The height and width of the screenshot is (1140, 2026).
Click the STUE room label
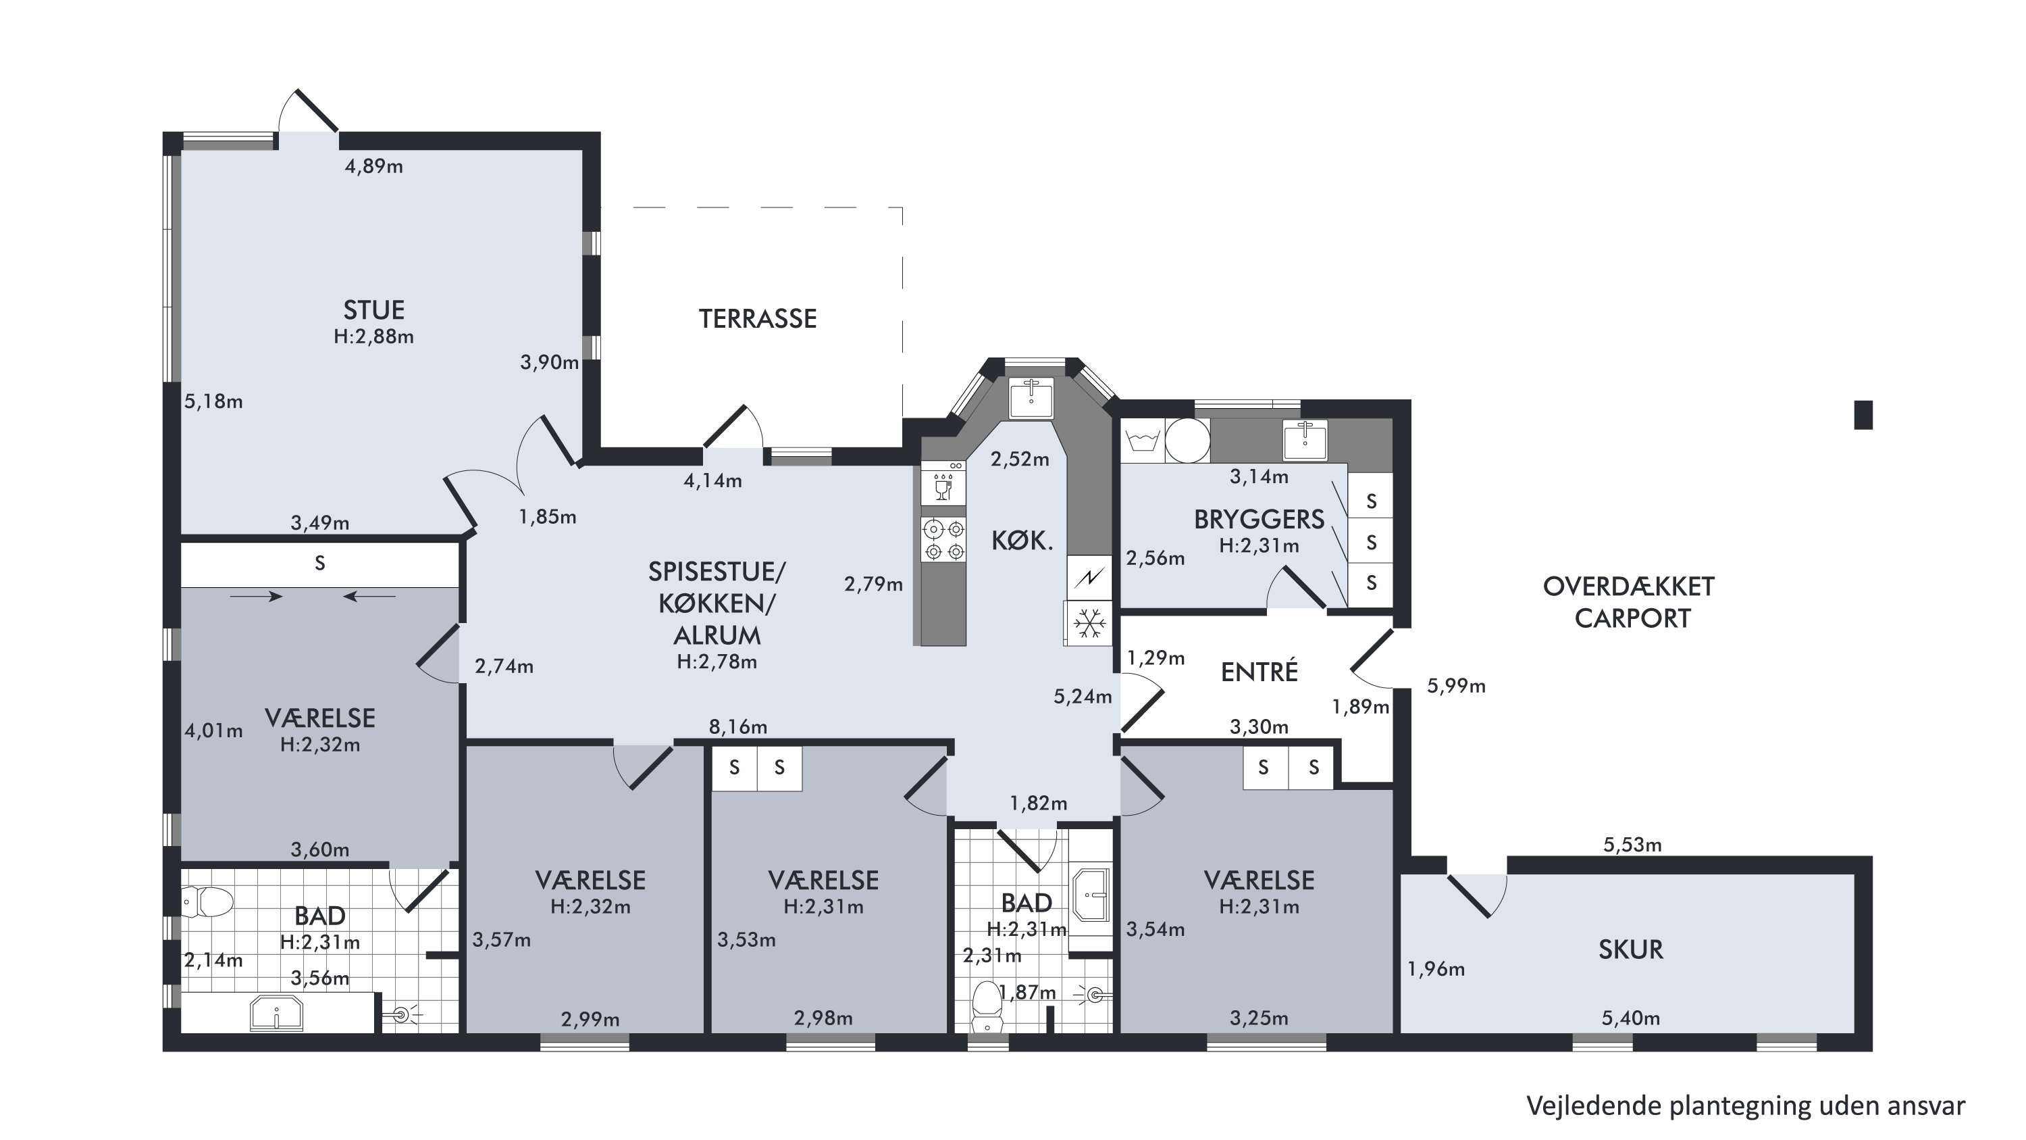(373, 309)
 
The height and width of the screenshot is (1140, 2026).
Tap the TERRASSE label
(758, 319)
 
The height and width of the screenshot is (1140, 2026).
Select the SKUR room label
(1630, 949)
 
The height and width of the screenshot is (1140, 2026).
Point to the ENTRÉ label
(1259, 671)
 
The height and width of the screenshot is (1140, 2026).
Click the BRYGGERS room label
(1259, 519)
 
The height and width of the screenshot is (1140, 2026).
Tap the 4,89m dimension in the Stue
(373, 166)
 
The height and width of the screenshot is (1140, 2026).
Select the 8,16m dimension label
(737, 727)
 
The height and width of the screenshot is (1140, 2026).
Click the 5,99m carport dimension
(1456, 686)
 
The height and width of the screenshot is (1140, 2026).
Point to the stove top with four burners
(943, 540)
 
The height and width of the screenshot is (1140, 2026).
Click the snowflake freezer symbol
(1089, 624)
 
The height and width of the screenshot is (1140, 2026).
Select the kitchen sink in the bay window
(1031, 397)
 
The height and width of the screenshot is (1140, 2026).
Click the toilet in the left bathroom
(207, 901)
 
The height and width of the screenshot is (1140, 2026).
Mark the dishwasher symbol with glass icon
(943, 483)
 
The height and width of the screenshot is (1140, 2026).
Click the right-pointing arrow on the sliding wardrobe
(257, 597)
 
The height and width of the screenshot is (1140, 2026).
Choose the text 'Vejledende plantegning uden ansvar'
(1745, 1106)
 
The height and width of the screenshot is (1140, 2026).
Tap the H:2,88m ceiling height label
(373, 337)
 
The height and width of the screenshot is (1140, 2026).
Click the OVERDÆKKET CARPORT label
(1630, 603)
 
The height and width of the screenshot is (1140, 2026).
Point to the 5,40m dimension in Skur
(1630, 1018)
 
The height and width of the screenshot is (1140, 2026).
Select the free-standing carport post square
(1863, 415)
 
